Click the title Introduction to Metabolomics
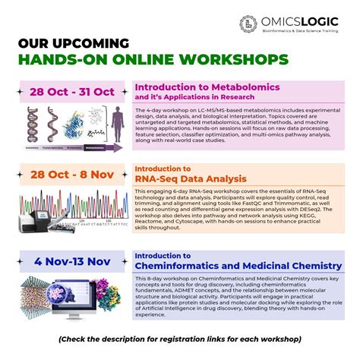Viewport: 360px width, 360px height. [197, 87]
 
